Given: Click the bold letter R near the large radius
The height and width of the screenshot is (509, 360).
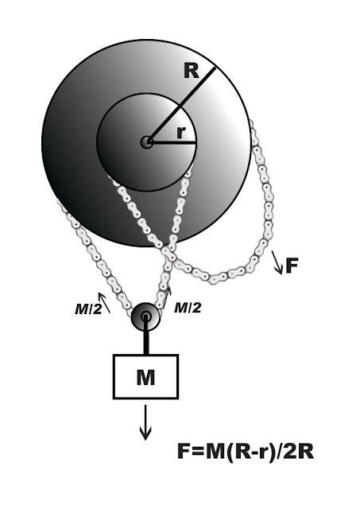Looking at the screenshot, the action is coord(191,71).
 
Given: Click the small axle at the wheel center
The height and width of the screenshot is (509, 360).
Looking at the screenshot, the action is coord(147,142).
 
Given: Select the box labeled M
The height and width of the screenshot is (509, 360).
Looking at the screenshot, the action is coord(145,376).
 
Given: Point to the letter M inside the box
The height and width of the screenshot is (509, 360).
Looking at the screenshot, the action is coord(145,377).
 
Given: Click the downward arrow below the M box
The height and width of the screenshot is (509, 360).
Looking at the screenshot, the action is coord(145,422).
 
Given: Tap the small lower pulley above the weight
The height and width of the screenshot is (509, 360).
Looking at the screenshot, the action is coord(145,317).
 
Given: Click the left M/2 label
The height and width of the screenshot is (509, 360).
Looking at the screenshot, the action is coord(88,309).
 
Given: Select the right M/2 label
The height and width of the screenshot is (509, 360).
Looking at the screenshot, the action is coord(188,308).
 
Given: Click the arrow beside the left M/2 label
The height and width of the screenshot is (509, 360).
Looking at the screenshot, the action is coord(104,302).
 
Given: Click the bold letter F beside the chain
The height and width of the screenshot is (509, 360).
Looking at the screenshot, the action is coord(292,266).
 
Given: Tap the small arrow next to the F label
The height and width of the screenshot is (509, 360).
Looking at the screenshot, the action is coord(277,262).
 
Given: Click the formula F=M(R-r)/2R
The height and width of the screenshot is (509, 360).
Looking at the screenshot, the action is coord(246,452).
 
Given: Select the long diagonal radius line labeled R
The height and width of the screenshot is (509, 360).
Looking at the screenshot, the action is coord(181,105).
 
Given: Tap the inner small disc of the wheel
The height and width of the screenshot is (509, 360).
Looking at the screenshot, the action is coord(146,142).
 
